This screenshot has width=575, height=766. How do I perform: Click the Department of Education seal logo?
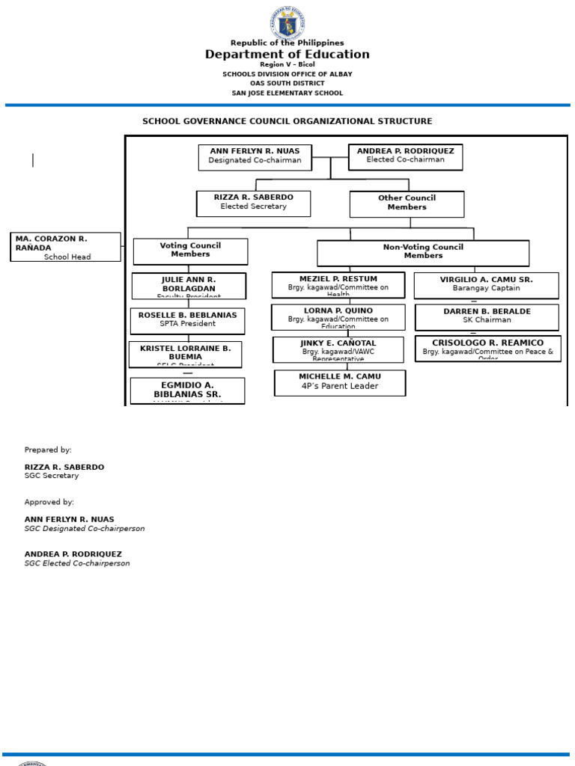click(x=287, y=22)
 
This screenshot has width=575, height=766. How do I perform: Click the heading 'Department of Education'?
click(x=287, y=55)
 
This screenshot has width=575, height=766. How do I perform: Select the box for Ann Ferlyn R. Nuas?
click(x=255, y=157)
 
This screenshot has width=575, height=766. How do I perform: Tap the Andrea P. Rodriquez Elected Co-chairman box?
click(x=405, y=156)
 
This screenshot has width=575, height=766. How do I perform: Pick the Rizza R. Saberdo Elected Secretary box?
click(x=253, y=203)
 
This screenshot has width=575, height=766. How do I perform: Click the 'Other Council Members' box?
click(x=407, y=203)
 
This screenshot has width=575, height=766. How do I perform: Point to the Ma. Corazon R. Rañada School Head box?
click(x=65, y=247)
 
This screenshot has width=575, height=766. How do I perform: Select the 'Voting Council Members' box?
click(x=190, y=251)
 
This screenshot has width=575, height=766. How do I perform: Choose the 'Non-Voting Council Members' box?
click(x=423, y=253)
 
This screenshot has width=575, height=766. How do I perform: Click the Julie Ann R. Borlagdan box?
click(x=189, y=286)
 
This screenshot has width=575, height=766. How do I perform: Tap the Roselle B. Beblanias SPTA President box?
click(x=187, y=320)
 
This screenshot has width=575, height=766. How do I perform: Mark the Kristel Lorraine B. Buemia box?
click(x=185, y=355)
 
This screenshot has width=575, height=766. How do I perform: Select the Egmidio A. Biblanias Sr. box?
click(x=187, y=390)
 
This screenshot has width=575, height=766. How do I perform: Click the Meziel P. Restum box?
click(x=338, y=284)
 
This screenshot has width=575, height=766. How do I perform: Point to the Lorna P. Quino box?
click(x=338, y=316)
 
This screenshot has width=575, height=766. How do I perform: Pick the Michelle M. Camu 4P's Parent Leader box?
click(x=340, y=382)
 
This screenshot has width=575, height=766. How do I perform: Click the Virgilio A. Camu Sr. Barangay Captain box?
click(x=486, y=285)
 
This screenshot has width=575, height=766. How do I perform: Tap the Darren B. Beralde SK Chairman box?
click(x=487, y=316)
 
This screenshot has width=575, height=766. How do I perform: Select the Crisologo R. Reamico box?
click(x=487, y=348)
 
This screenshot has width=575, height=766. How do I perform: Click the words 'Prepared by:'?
click(x=48, y=450)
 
